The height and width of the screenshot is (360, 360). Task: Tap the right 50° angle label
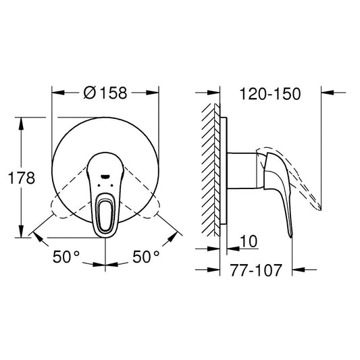(x=146, y=257)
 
